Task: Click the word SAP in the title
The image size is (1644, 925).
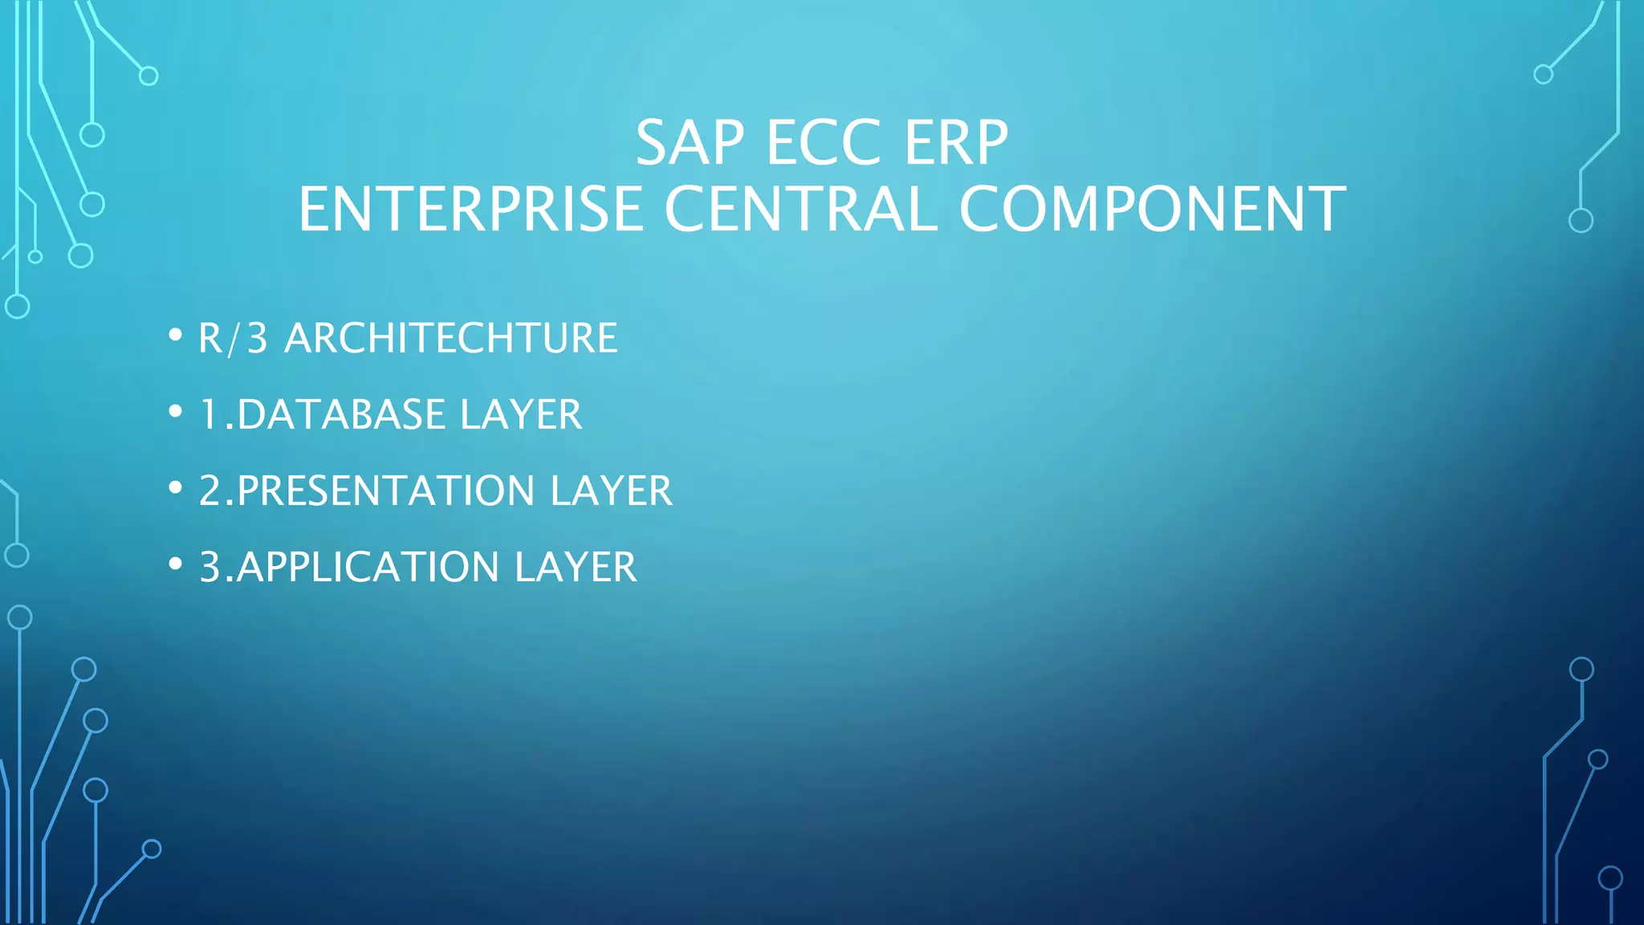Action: (690, 144)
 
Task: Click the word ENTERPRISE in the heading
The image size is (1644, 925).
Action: (470, 210)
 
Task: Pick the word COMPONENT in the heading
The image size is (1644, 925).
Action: (1152, 210)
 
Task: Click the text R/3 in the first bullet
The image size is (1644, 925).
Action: (233, 338)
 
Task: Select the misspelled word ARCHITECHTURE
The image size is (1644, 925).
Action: (451, 338)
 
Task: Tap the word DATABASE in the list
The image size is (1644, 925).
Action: (341, 415)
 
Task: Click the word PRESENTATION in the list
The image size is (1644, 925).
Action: (386, 491)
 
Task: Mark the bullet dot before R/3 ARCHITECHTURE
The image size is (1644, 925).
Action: (176, 335)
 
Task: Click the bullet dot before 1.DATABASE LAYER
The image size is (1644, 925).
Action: (176, 411)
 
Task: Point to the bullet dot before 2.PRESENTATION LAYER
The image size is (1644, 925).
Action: (176, 487)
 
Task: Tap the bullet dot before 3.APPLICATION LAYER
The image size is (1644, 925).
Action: (176, 564)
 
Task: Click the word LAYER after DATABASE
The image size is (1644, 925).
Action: (521, 415)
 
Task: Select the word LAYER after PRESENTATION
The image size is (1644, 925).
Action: (611, 491)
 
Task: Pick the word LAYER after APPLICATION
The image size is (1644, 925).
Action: (576, 568)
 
